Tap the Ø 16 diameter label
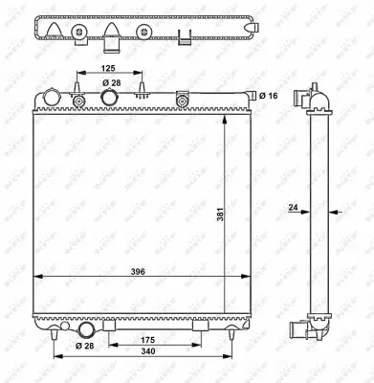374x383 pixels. coord(272,97)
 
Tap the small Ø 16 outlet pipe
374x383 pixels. coord(253,96)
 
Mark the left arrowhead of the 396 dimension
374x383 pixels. coord(37,277)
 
